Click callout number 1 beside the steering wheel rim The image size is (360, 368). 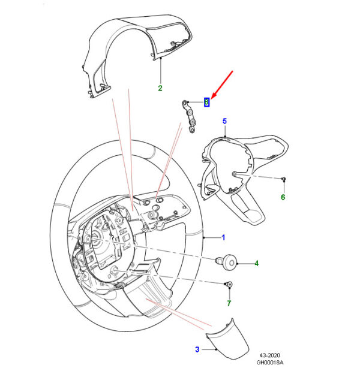[223, 237]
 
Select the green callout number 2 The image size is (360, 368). [160, 88]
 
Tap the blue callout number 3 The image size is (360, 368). [197, 349]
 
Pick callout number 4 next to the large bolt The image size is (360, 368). [256, 263]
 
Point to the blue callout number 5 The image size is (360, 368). [224, 121]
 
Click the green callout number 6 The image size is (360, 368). [283, 197]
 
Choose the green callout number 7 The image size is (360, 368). [229, 303]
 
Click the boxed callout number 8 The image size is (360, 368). [206, 102]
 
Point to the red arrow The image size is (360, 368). [222, 85]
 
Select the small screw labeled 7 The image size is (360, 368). [229, 285]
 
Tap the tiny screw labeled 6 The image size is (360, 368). [284, 179]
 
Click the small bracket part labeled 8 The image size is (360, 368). [190, 116]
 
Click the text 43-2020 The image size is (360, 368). [269, 355]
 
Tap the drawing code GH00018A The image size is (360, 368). [269, 363]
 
